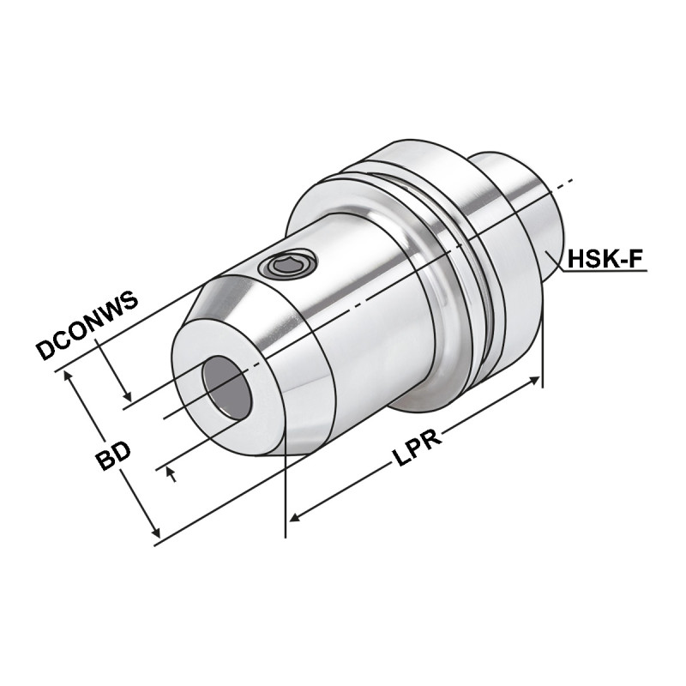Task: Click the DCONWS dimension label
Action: coord(87,328)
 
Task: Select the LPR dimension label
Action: coord(418,448)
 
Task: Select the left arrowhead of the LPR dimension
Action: coord(294,517)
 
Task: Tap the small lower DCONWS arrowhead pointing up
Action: coord(172,472)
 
